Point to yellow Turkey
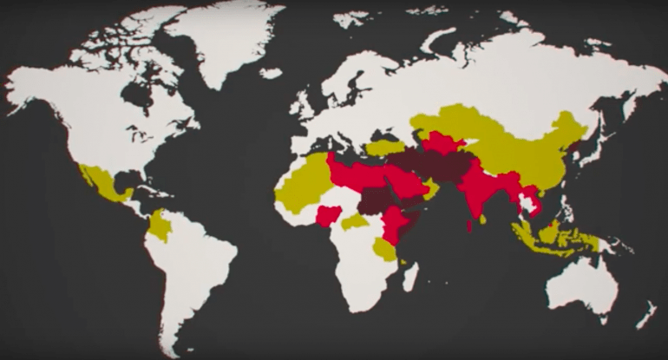click(385, 147)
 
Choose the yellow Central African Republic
click(354, 223)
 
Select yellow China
click(521, 156)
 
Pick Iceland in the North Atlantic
click(271, 74)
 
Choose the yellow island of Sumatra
click(521, 233)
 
